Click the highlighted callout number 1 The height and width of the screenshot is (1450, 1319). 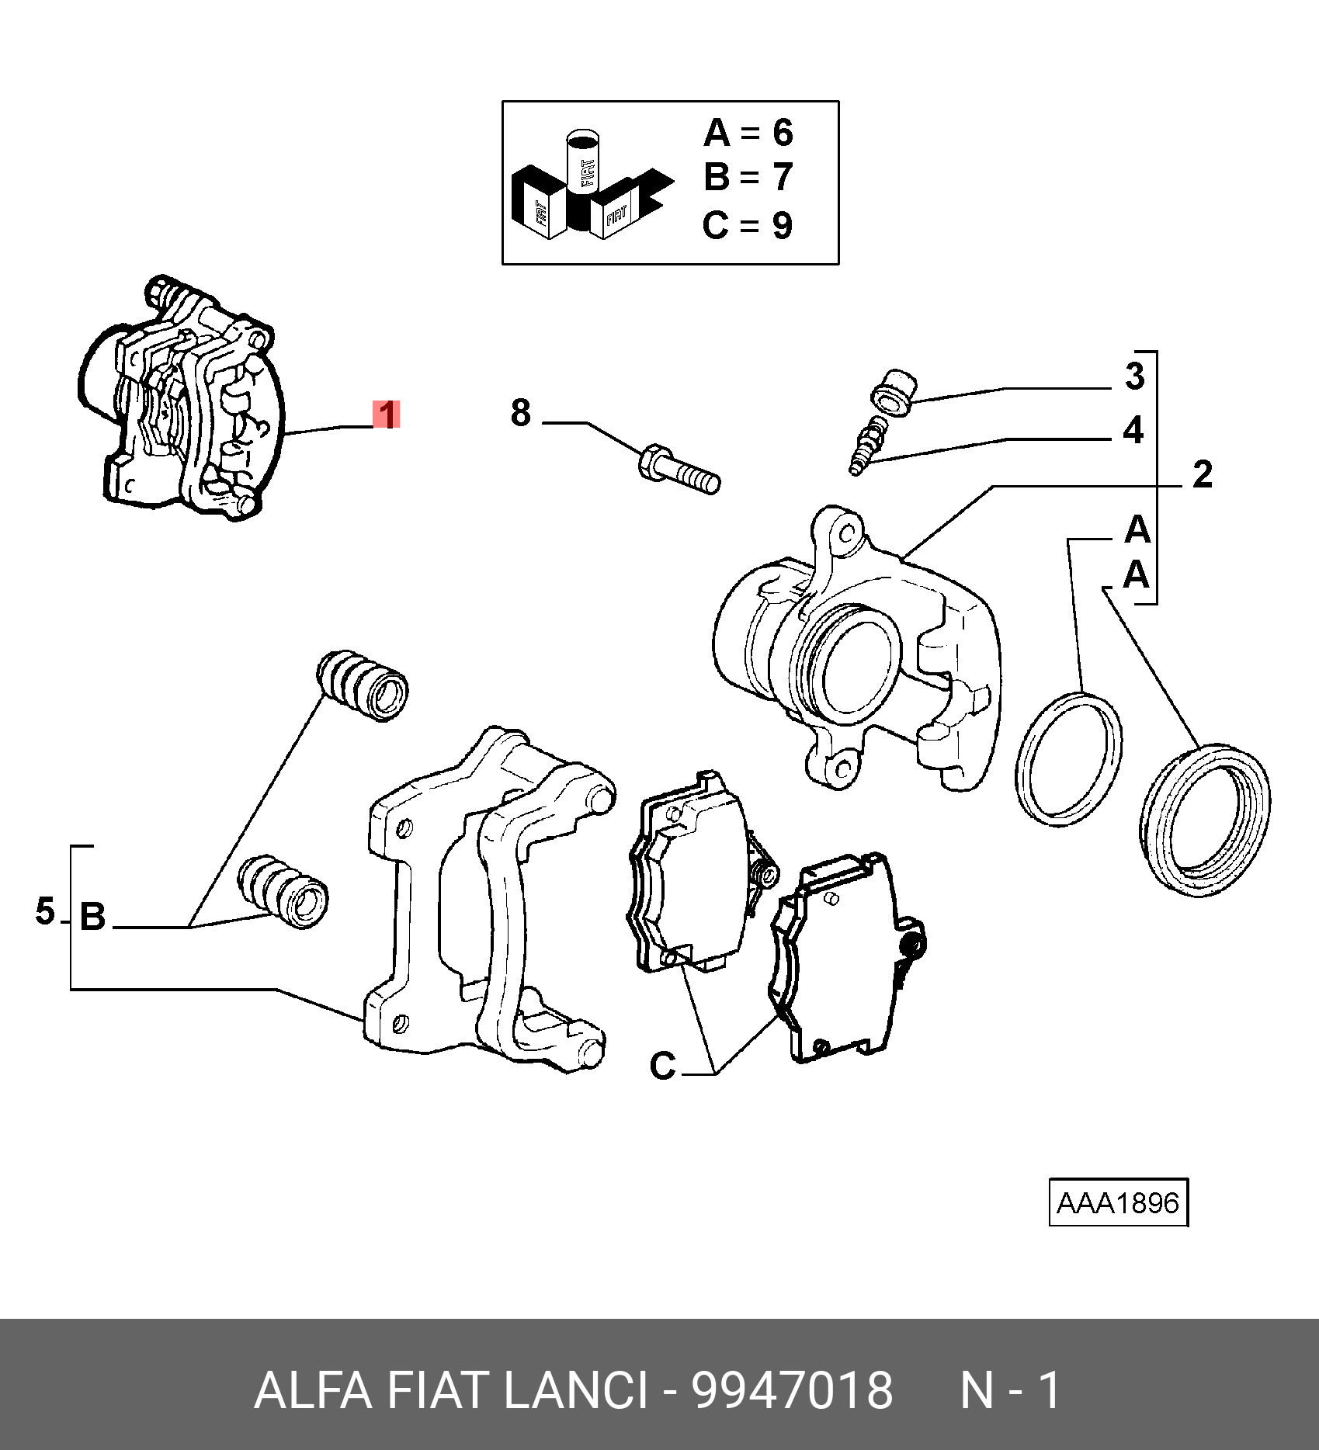[x=386, y=415]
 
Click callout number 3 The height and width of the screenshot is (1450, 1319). [x=1134, y=376]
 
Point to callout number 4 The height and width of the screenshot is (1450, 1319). [x=1133, y=430]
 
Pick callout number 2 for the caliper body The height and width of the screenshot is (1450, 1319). [x=1202, y=474]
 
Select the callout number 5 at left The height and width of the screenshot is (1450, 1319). [x=45, y=911]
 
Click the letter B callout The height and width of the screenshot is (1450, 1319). [x=92, y=918]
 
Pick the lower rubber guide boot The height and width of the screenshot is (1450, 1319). [x=283, y=891]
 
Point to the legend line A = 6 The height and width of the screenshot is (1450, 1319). [x=748, y=133]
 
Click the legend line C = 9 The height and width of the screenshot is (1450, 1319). [x=748, y=226]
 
